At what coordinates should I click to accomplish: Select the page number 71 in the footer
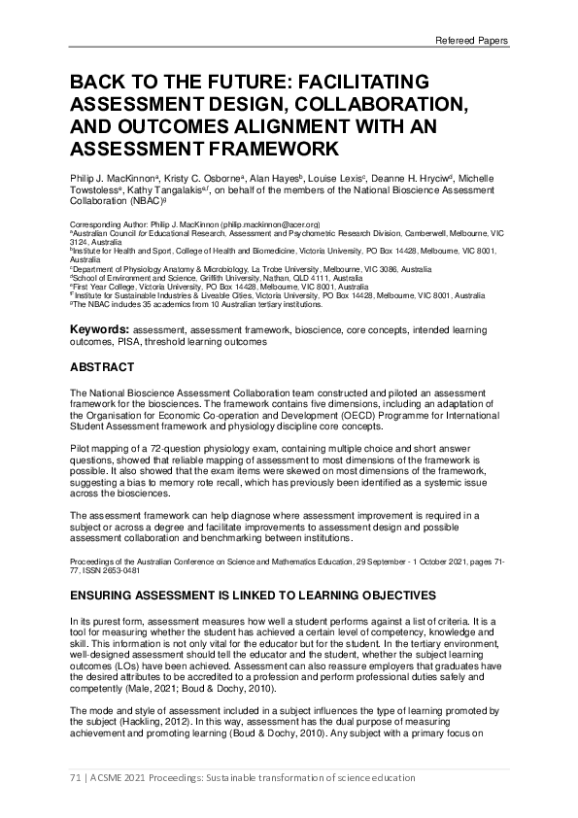coord(77,778)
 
